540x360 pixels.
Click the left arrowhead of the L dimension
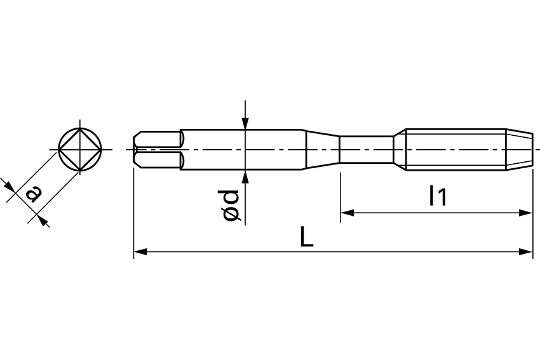(140, 252)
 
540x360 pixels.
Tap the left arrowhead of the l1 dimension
(347, 213)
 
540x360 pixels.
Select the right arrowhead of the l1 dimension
(526, 213)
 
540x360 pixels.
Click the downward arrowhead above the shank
(245, 124)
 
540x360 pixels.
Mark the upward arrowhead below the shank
(245, 176)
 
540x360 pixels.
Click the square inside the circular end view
(79, 150)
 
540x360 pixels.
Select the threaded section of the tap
(455, 150)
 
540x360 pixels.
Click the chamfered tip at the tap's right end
(519, 150)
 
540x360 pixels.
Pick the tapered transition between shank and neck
(322, 150)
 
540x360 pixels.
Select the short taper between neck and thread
(399, 150)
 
